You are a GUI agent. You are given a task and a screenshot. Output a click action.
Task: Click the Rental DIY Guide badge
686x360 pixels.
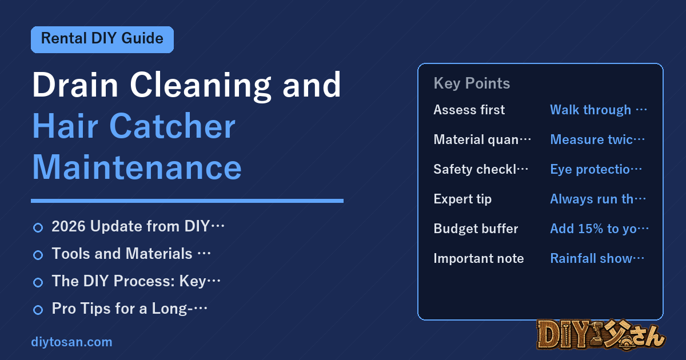(x=102, y=39)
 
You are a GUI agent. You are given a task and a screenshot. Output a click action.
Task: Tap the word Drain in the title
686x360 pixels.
(x=75, y=85)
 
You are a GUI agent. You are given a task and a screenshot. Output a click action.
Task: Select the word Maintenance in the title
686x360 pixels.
(x=137, y=167)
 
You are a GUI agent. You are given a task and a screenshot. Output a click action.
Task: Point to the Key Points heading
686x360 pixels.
(x=472, y=83)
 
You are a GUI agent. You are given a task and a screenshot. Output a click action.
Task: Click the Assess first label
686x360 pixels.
(x=469, y=110)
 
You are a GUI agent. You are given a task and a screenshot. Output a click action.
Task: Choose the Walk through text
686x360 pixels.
(x=599, y=110)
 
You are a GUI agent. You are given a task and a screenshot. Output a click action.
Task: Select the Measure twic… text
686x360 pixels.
(x=597, y=139)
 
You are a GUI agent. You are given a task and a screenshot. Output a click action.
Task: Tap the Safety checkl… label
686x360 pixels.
(x=481, y=169)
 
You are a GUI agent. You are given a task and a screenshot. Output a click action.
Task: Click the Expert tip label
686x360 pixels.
(x=462, y=199)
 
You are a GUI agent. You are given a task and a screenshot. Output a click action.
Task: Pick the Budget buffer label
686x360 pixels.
(x=476, y=229)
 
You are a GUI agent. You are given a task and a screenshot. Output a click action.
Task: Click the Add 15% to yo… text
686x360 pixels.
(x=599, y=229)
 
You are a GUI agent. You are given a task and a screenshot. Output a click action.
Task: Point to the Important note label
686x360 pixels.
(x=478, y=258)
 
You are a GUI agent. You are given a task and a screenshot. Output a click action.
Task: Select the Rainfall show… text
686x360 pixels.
(x=597, y=258)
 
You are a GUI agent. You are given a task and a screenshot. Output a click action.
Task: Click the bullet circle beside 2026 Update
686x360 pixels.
(x=38, y=228)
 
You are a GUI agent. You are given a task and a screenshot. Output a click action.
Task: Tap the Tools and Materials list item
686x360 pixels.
(x=131, y=254)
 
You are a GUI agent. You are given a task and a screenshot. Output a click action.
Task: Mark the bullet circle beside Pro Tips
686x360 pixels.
(x=38, y=310)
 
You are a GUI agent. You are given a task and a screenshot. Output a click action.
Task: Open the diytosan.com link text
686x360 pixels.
(x=71, y=342)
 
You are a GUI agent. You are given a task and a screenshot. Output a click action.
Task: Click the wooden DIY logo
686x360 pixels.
(x=601, y=335)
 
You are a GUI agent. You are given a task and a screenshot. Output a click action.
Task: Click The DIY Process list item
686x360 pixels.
(x=136, y=281)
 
